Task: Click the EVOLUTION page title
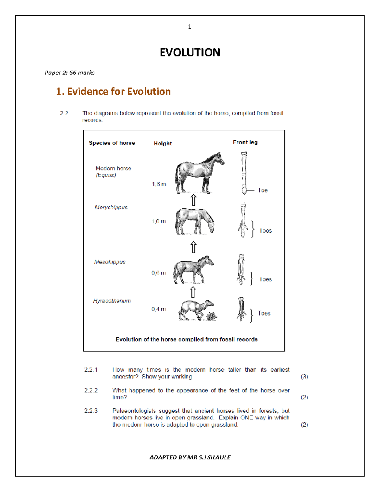(190, 53)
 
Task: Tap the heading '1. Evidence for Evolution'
(113, 92)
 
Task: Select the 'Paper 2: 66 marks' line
(70, 73)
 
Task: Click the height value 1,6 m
(159, 184)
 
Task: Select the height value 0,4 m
(159, 309)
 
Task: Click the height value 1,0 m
(159, 221)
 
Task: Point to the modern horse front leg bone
(244, 173)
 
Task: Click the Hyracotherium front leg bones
(241, 309)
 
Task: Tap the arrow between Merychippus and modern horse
(193, 200)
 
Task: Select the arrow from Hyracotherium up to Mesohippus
(193, 292)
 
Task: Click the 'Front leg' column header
(245, 142)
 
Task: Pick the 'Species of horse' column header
(112, 143)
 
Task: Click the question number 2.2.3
(91, 411)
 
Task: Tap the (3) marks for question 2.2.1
(304, 377)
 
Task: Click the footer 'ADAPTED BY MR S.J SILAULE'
(190, 457)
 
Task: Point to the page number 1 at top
(189, 27)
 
